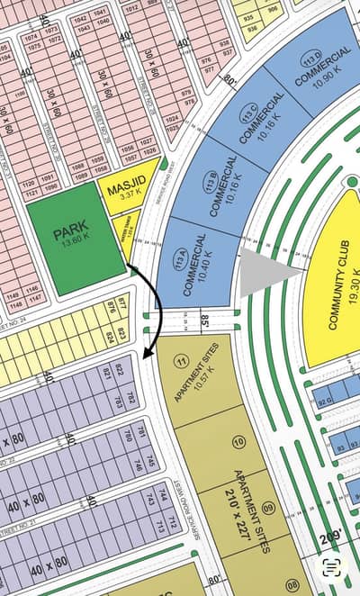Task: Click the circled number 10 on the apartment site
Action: pyautogui.click(x=238, y=441)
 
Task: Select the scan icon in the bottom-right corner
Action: pyautogui.click(x=332, y=567)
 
